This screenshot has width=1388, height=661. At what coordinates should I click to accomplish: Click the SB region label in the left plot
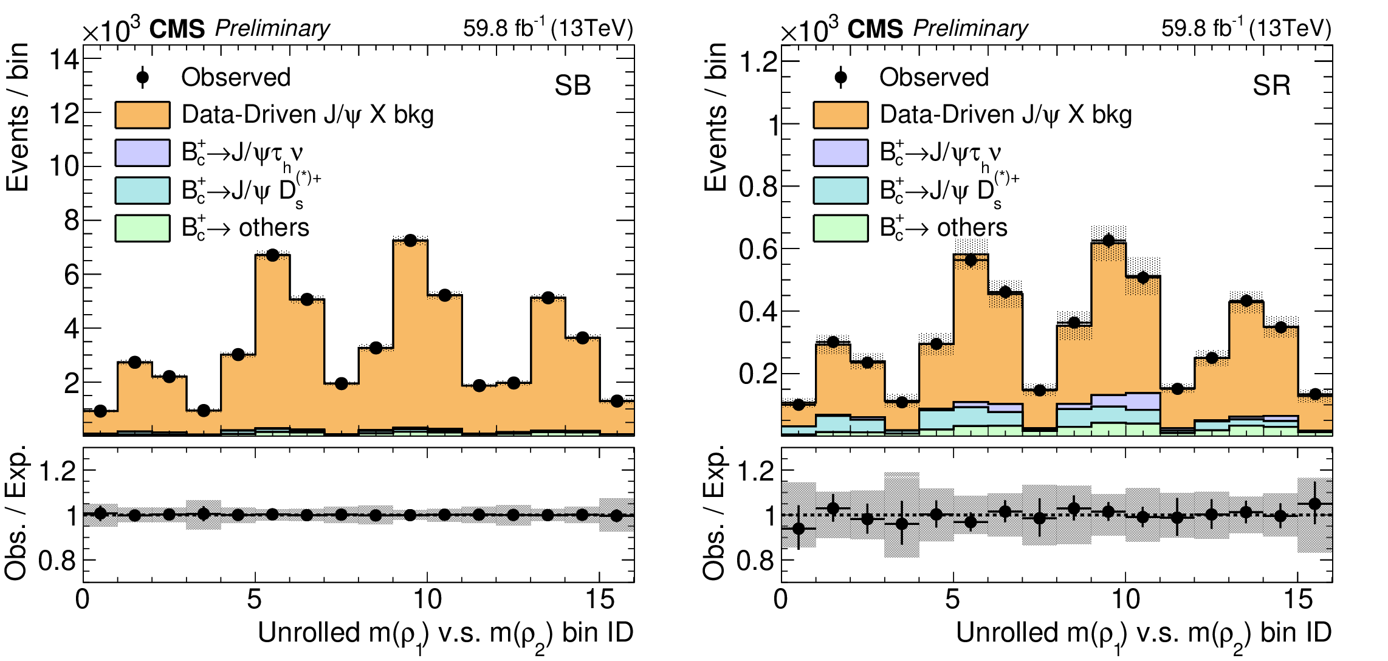pyautogui.click(x=572, y=86)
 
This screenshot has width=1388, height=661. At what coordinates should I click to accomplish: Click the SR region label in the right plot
pyautogui.click(x=1271, y=86)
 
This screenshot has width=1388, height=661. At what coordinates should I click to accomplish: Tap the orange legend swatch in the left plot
pyautogui.click(x=142, y=115)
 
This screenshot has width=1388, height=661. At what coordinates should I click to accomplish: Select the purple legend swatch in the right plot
pyautogui.click(x=840, y=152)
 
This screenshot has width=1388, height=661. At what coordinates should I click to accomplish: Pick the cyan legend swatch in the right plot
pyautogui.click(x=840, y=190)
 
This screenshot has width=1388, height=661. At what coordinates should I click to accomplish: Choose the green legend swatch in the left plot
pyautogui.click(x=142, y=228)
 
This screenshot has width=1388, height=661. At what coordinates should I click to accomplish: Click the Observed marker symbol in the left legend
pyautogui.click(x=143, y=77)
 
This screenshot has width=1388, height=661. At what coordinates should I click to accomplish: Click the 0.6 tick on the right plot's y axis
pyautogui.click(x=758, y=249)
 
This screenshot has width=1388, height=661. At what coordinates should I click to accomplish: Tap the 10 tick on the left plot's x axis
pyautogui.click(x=427, y=600)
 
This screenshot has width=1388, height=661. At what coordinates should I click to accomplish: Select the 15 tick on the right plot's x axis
pyautogui.click(x=1298, y=600)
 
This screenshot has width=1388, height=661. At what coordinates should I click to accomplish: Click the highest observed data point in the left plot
pyautogui.click(x=410, y=241)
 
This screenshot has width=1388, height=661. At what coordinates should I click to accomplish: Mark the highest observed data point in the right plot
pyautogui.click(x=1108, y=241)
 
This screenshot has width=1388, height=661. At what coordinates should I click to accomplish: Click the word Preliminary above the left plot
pyautogui.click(x=272, y=29)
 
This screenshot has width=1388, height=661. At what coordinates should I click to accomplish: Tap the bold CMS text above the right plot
pyautogui.click(x=875, y=29)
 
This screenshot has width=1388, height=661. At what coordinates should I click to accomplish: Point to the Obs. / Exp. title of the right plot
pyautogui.click(x=714, y=512)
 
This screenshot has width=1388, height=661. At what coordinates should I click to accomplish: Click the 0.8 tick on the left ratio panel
pyautogui.click(x=57, y=561)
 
